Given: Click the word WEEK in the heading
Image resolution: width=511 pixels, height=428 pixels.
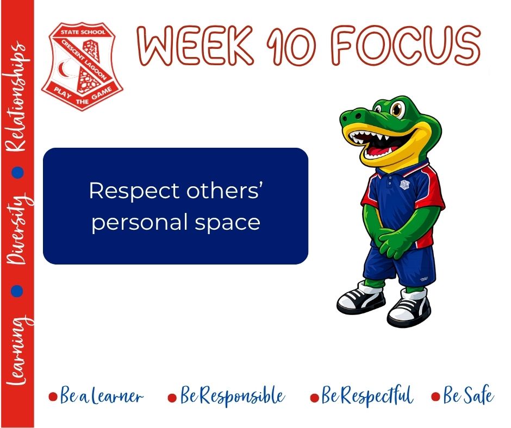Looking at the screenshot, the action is pyautogui.click(x=195, y=45).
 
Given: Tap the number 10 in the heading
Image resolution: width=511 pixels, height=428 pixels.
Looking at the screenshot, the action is pyautogui.click(x=291, y=46).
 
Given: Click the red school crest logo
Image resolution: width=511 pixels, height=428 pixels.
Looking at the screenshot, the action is pyautogui.click(x=82, y=66).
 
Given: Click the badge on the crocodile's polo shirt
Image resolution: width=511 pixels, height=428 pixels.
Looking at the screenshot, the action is pyautogui.click(x=405, y=184).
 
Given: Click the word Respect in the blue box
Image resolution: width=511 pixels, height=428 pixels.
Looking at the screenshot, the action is pyautogui.click(x=134, y=192).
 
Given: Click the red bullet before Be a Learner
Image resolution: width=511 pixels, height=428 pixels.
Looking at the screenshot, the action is pyautogui.click(x=53, y=396).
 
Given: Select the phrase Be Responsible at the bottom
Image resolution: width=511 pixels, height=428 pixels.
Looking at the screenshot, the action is pyautogui.click(x=232, y=395).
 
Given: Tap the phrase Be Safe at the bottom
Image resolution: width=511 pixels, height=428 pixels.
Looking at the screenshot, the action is pyautogui.click(x=468, y=395).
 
